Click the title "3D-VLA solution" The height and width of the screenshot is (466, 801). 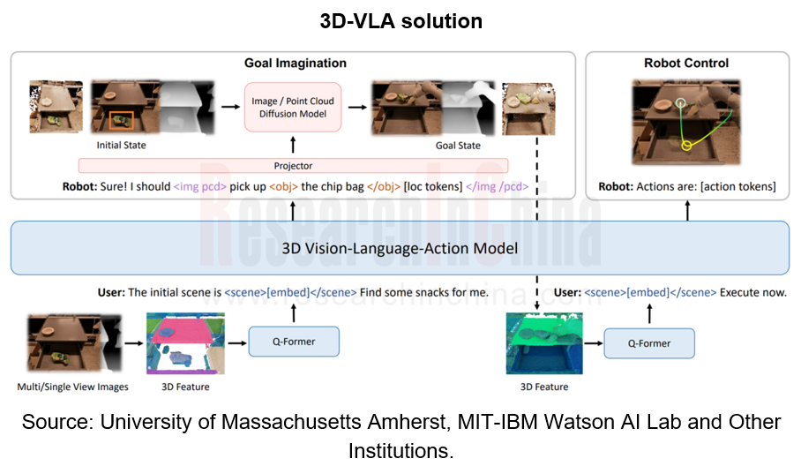coord(400,21)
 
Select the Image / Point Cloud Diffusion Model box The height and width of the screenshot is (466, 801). coord(291,107)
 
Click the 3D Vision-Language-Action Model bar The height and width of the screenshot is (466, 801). coord(400,248)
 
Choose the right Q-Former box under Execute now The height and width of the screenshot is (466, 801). coord(648,342)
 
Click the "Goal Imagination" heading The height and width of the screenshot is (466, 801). coord(295,64)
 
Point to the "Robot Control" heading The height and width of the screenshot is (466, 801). coord(686,64)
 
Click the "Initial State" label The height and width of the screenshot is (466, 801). coord(121,145)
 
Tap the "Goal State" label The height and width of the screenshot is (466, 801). coord(458,145)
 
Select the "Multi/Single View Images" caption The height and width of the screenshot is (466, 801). coord(72,387)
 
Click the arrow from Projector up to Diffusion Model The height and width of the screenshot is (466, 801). coord(291,147)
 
